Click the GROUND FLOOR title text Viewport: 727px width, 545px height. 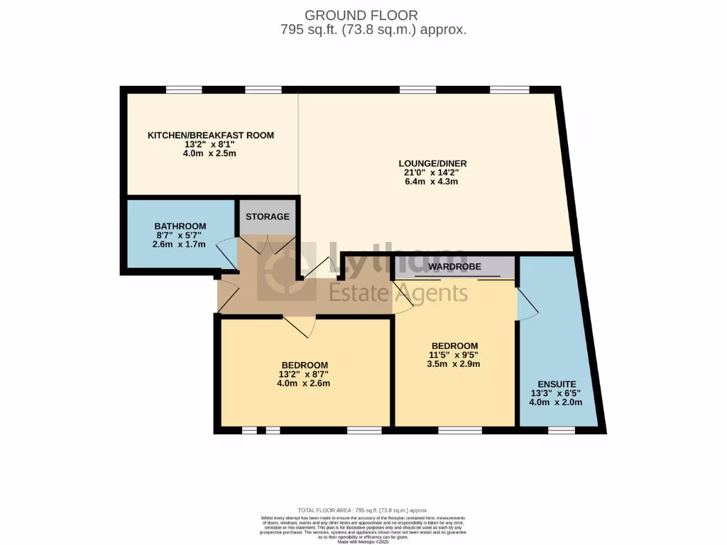pos(361,15)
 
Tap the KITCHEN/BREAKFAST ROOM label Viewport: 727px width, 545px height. pos(210,136)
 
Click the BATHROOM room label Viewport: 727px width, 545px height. pos(180,226)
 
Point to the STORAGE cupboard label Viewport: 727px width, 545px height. pos(267,216)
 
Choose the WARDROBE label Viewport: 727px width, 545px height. pos(454,267)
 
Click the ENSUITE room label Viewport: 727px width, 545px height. pos(556,383)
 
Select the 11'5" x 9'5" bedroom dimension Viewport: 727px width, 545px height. pos(455,356)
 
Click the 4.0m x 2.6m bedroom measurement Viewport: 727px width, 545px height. pos(303,384)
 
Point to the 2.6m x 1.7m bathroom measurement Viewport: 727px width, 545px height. pos(180,244)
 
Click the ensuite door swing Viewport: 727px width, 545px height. pos(527,305)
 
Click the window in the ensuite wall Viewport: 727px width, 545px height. pos(561,430)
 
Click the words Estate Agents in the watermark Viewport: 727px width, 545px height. pos(398,292)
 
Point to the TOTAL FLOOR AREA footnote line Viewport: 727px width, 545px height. pos(363,510)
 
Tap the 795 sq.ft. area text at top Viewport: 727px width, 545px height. pos(373,30)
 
